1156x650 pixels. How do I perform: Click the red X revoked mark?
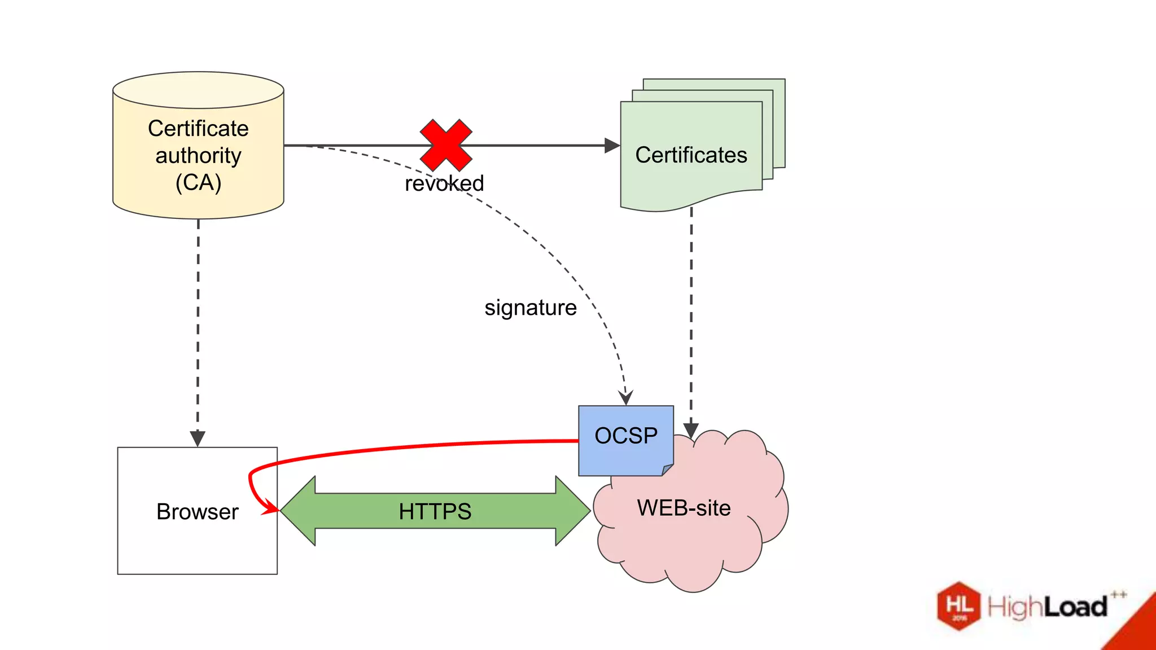[446, 145]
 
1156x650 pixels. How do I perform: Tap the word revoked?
[444, 183]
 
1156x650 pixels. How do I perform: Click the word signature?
[530, 308]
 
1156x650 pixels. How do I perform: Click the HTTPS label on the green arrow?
[435, 511]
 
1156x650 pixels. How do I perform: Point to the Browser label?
[197, 511]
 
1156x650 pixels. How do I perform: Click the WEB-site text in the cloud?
[684, 508]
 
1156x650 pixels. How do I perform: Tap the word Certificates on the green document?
[690, 155]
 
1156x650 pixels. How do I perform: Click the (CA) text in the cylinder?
[198, 182]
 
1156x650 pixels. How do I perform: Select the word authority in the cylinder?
[198, 155]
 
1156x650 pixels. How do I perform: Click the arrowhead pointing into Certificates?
[612, 146]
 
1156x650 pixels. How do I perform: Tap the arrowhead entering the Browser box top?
[198, 438]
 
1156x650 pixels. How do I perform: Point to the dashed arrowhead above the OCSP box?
[625, 397]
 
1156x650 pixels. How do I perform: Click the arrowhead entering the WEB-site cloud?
[691, 430]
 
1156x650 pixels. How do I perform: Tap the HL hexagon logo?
[958, 605]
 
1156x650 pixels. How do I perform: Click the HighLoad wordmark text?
[1047, 607]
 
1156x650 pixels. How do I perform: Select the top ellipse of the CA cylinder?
[198, 90]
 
